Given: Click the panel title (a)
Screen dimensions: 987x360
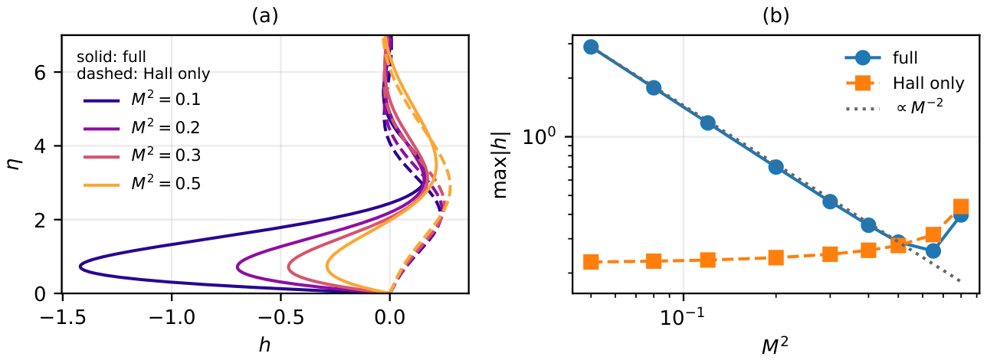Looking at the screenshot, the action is [x=265, y=16].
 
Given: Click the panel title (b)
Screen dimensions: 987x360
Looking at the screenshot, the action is [x=776, y=16].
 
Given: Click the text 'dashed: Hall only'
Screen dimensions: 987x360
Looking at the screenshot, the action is [x=143, y=74].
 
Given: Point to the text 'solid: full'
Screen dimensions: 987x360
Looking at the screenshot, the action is [x=111, y=57].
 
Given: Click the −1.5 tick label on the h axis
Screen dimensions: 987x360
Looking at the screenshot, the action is [x=62, y=317].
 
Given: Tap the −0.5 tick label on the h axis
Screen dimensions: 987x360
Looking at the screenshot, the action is [x=280, y=317].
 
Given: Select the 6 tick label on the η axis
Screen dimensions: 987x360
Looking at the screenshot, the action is [x=40, y=72].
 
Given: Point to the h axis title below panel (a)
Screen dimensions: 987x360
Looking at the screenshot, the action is [x=264, y=345].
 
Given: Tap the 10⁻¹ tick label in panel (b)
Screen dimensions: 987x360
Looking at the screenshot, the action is [x=683, y=316].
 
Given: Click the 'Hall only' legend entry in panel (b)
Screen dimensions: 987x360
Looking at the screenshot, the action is [x=929, y=83].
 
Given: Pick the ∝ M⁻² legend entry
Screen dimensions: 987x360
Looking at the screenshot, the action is [x=920, y=107].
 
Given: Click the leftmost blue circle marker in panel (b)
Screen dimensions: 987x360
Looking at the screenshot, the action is [x=591, y=47].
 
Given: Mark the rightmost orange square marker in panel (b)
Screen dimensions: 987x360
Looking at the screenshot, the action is [x=961, y=207].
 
